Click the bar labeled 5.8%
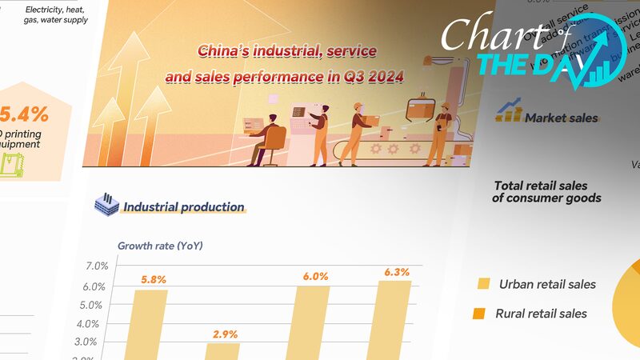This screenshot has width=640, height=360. point(150,324)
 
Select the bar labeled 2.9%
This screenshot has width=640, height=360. point(222,350)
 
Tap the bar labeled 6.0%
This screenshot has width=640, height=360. point(312,322)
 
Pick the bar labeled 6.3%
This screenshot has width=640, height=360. point(394,319)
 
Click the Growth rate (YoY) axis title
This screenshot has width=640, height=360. point(160,246)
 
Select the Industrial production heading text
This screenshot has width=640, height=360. point(183,207)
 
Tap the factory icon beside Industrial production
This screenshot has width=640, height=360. point(106,204)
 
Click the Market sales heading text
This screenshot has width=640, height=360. point(561,118)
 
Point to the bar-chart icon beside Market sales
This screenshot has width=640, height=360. point(509,111)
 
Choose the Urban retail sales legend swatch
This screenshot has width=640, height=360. point(483,284)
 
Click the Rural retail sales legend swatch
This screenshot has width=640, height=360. point(480,313)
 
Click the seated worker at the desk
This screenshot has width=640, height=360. point(266,140)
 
